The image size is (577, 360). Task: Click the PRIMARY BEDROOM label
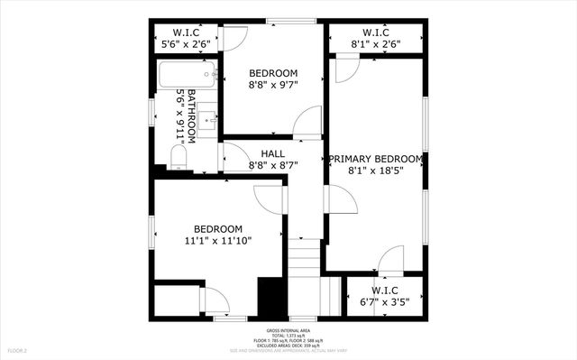(x=375, y=158)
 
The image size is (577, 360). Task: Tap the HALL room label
(x=273, y=154)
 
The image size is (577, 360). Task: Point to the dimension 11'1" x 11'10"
(x=218, y=240)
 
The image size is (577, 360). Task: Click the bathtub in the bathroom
(x=186, y=75)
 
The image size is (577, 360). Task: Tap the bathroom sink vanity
(x=206, y=121)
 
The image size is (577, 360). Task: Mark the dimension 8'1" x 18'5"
(x=375, y=170)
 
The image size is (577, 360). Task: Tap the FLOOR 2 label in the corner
(x=18, y=349)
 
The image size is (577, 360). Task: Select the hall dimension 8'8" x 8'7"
(x=273, y=166)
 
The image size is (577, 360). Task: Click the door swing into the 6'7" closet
(x=390, y=260)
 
